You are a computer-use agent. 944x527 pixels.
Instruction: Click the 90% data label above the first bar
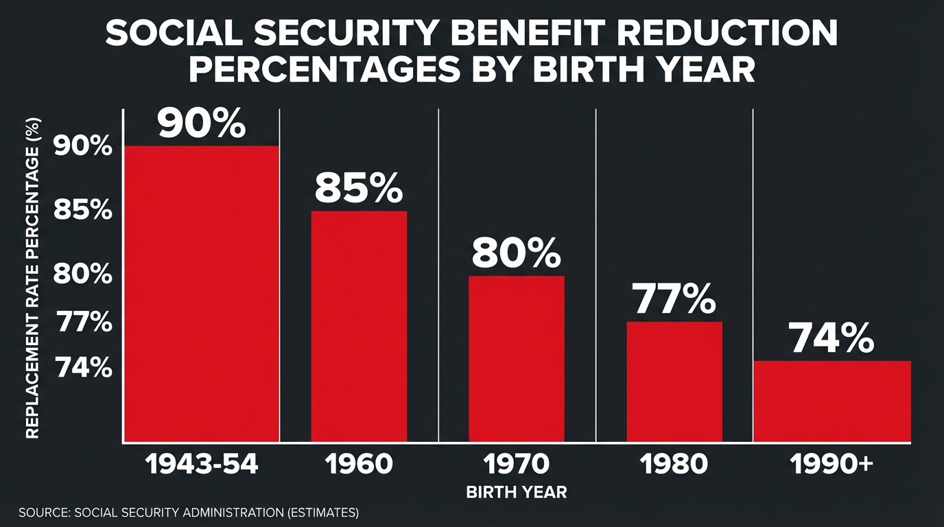201,124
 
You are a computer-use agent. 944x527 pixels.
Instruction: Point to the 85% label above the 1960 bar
359,188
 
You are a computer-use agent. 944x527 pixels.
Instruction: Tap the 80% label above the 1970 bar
516,253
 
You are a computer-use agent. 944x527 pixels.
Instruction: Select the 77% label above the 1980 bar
674,299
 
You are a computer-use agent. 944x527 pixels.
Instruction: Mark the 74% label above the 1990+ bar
831,338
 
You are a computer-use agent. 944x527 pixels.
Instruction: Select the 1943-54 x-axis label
202,465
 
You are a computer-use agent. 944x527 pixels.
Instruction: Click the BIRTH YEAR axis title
517,492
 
